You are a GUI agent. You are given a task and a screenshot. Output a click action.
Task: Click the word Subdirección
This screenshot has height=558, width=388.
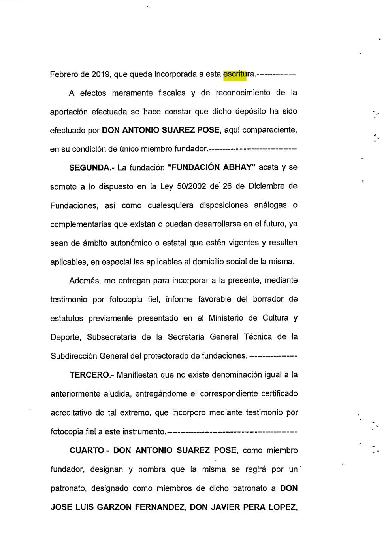click(73, 356)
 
